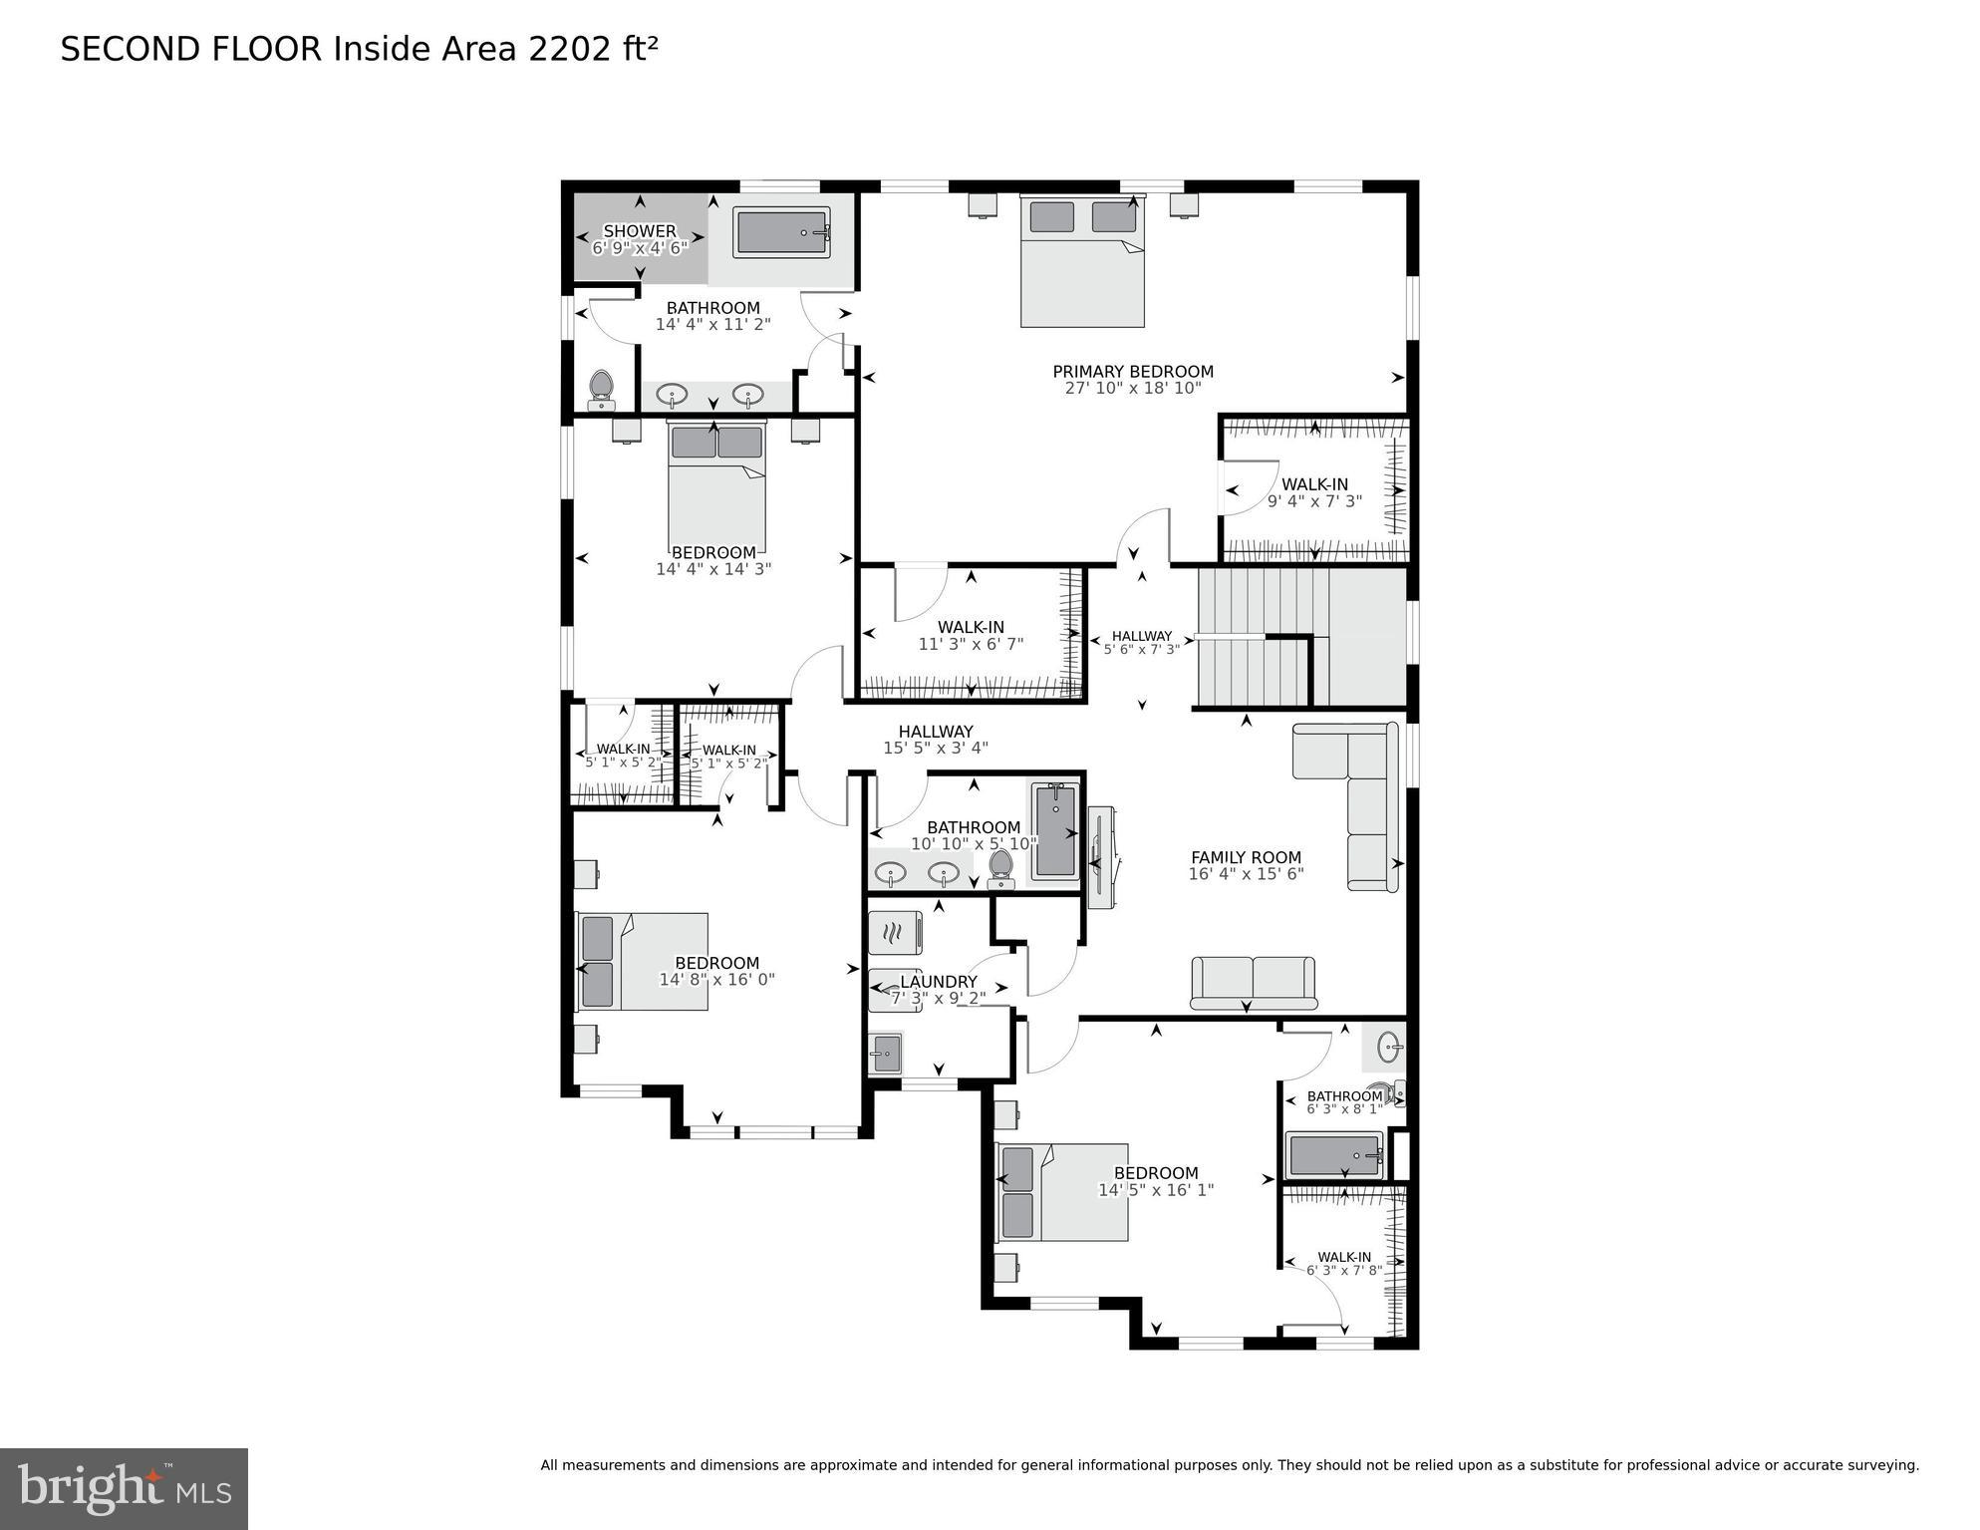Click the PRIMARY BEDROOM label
[1133, 372]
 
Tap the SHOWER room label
[640, 231]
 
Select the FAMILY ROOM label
[1246, 857]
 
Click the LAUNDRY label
[938, 982]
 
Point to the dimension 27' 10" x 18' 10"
[1133, 389]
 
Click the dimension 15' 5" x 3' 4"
[936, 749]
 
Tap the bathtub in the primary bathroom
[781, 233]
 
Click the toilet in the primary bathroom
[601, 390]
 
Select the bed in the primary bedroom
[1082, 261]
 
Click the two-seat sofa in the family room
[1253, 982]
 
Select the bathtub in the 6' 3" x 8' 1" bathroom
[1334, 1155]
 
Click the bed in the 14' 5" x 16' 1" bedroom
[1062, 1192]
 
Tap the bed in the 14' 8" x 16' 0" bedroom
[643, 962]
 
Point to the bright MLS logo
[124, 1489]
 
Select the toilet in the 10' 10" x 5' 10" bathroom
[1000, 868]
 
